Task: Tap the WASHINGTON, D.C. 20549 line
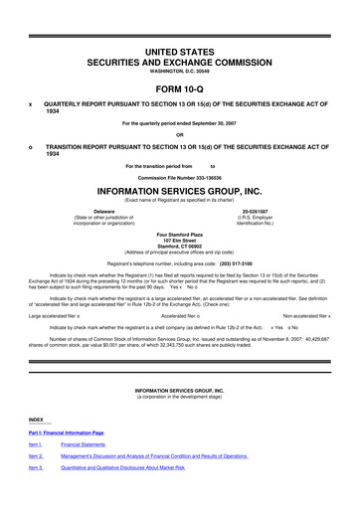(x=180, y=68)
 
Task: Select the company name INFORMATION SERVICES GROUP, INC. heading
(x=180, y=185)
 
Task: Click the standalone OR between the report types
(x=180, y=135)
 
